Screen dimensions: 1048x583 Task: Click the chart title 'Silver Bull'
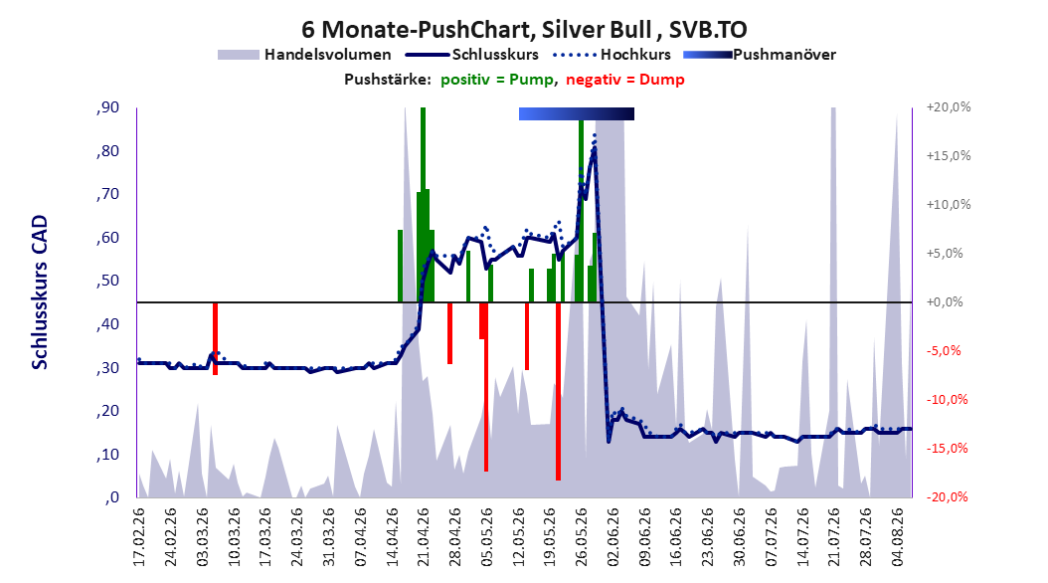pyautogui.click(x=596, y=30)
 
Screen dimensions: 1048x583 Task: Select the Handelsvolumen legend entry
pyautogui.click(x=305, y=55)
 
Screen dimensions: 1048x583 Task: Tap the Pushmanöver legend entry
pyautogui.click(x=760, y=55)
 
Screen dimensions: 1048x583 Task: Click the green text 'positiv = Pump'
pyautogui.click(x=496, y=80)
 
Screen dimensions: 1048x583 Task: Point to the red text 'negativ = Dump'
pyautogui.click(x=625, y=80)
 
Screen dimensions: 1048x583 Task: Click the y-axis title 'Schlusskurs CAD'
pyautogui.click(x=40, y=292)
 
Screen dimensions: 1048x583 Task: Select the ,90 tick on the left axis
pyautogui.click(x=107, y=107)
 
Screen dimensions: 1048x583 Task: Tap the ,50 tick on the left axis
pyautogui.click(x=107, y=281)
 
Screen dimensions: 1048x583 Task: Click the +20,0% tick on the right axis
pyautogui.click(x=949, y=107)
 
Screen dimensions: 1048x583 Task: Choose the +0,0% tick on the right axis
pyautogui.click(x=945, y=302)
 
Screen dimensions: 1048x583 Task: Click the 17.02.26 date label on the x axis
pyautogui.click(x=139, y=537)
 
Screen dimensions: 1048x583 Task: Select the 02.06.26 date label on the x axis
pyautogui.click(x=613, y=537)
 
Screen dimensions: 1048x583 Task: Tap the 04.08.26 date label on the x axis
pyautogui.click(x=898, y=537)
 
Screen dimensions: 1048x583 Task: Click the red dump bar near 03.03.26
pyautogui.click(x=215, y=338)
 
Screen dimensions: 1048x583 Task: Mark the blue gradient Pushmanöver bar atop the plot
pyautogui.click(x=576, y=113)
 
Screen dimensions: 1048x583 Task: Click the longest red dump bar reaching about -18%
pyautogui.click(x=558, y=391)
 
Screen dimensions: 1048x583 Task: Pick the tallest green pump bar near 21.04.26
pyautogui.click(x=423, y=205)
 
